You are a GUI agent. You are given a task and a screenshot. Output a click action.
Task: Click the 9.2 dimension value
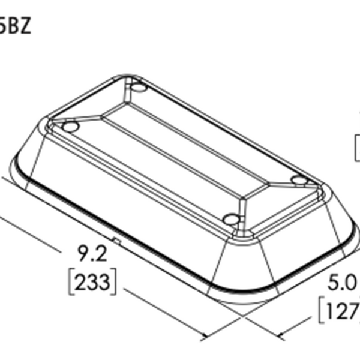click(x=92, y=255)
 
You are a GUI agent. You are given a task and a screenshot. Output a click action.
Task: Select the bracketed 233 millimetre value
click(x=92, y=281)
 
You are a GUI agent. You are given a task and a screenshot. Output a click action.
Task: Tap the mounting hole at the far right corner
click(x=298, y=179)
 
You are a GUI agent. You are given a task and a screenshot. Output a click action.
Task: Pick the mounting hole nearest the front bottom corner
click(x=230, y=218)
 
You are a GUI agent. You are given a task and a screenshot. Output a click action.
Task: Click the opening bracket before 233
click(x=71, y=281)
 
